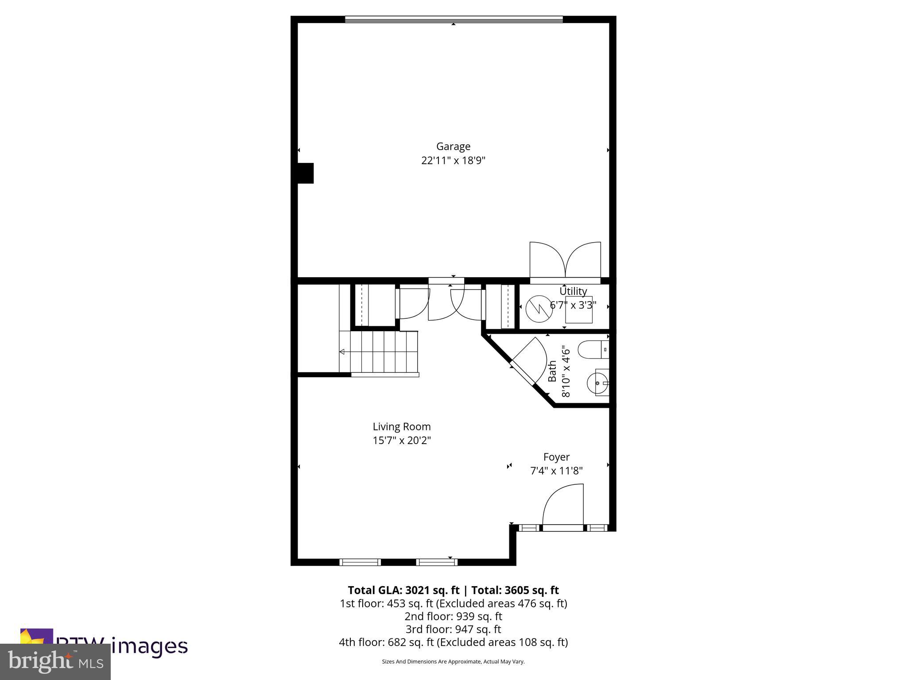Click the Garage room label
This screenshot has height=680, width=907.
[x=453, y=146]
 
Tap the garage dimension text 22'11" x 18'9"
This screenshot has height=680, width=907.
[x=453, y=160]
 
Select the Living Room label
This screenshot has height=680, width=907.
[x=401, y=426]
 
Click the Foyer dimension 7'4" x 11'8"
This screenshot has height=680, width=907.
[x=556, y=471]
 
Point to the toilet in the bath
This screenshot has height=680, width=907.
[x=593, y=349]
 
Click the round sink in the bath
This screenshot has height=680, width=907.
[x=597, y=382]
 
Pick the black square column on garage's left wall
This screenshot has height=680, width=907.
[x=305, y=173]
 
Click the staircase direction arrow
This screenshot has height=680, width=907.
[x=342, y=352]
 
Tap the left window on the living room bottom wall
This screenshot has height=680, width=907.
[x=360, y=562]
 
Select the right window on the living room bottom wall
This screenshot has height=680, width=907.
[x=437, y=562]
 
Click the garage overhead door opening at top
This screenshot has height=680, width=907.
[x=453, y=19]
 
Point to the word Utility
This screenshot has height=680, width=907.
[x=573, y=291]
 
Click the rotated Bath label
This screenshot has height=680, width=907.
[x=552, y=371]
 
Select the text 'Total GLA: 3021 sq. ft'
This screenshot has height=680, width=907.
[x=403, y=590]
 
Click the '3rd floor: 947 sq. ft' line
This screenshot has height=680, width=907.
[x=453, y=629]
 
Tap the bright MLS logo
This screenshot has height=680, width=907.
[x=55, y=661]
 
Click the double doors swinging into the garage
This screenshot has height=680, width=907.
[x=565, y=261]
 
